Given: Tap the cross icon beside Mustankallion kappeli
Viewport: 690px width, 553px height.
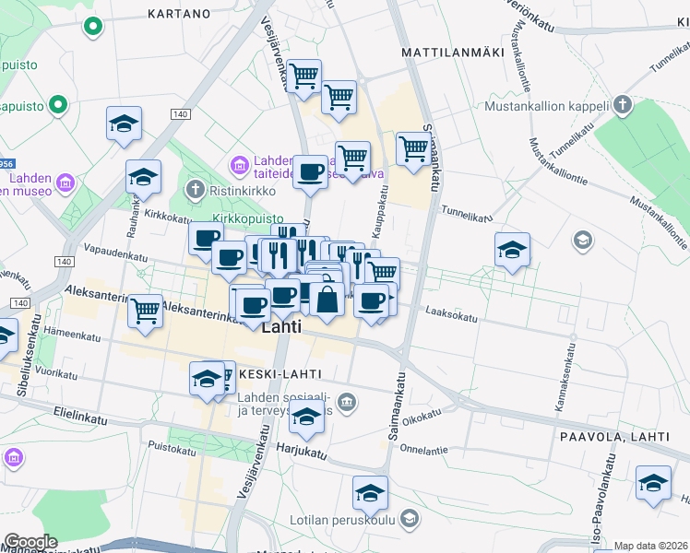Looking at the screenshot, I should [623, 105].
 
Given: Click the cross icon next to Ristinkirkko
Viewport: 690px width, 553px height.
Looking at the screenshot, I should [195, 190].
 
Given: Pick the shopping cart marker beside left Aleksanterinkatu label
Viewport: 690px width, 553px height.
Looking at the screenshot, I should [146, 311].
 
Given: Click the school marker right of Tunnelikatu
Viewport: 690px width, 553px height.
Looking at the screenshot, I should [512, 250].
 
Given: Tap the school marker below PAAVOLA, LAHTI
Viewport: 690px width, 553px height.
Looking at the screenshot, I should [653, 482].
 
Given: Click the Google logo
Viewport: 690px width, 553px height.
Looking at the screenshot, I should [30, 542].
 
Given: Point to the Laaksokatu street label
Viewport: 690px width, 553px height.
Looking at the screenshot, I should [451, 316].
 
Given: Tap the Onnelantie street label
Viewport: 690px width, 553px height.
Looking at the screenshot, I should [423, 450].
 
